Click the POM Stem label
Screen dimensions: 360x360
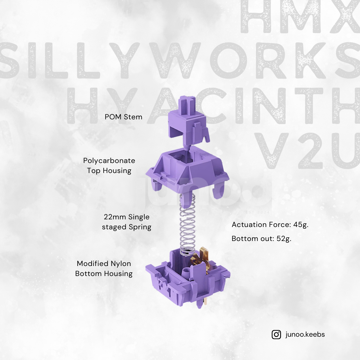123,117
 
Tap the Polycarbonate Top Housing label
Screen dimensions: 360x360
109,166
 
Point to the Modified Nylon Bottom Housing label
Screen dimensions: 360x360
104,269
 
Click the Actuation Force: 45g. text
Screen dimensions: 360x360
270,225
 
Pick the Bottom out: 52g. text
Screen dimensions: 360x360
261,239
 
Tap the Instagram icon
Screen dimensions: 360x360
276,334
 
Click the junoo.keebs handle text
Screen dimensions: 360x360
305,334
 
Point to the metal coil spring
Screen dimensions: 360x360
187,227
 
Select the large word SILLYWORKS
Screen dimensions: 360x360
180,62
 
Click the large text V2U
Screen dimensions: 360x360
307,150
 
